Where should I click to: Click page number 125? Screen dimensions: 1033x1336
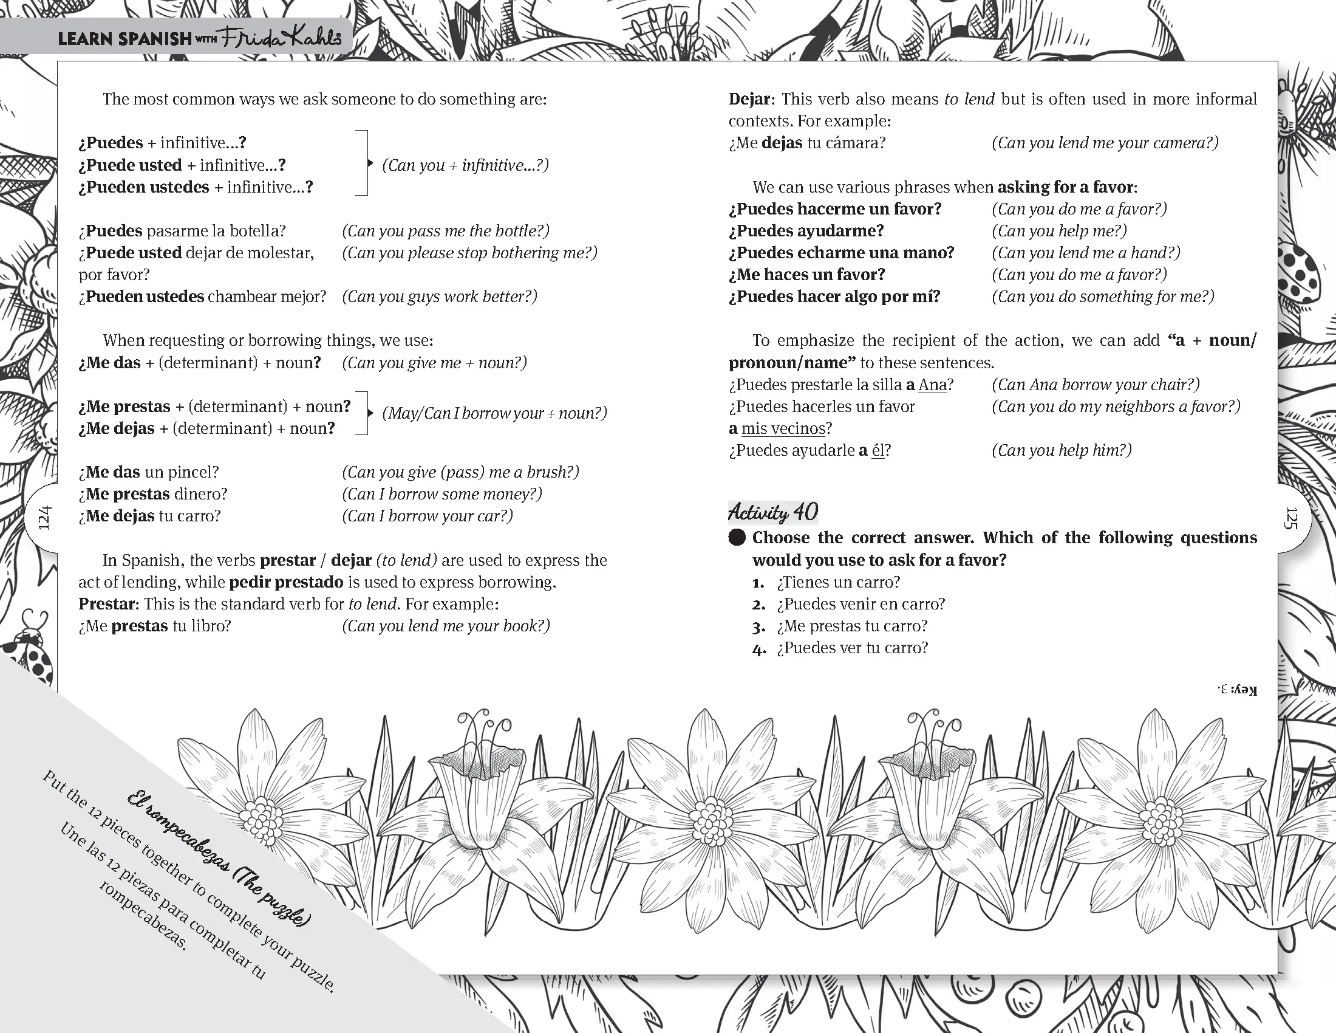[x=1290, y=518]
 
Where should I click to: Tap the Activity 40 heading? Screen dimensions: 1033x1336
[x=772, y=512]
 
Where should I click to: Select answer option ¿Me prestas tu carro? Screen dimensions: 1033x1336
[x=851, y=626]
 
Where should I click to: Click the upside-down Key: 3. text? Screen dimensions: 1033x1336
[x=1238, y=690]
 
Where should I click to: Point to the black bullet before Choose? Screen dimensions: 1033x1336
[x=737, y=538]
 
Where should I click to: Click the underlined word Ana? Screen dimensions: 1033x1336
[x=932, y=385]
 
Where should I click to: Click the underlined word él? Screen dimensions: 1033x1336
[x=878, y=450]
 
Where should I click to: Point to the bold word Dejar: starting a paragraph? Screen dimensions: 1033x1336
[x=752, y=99]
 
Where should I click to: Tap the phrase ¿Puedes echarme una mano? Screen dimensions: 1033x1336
[x=841, y=253]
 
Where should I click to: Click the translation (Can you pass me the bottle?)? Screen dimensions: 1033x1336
[x=445, y=231]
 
